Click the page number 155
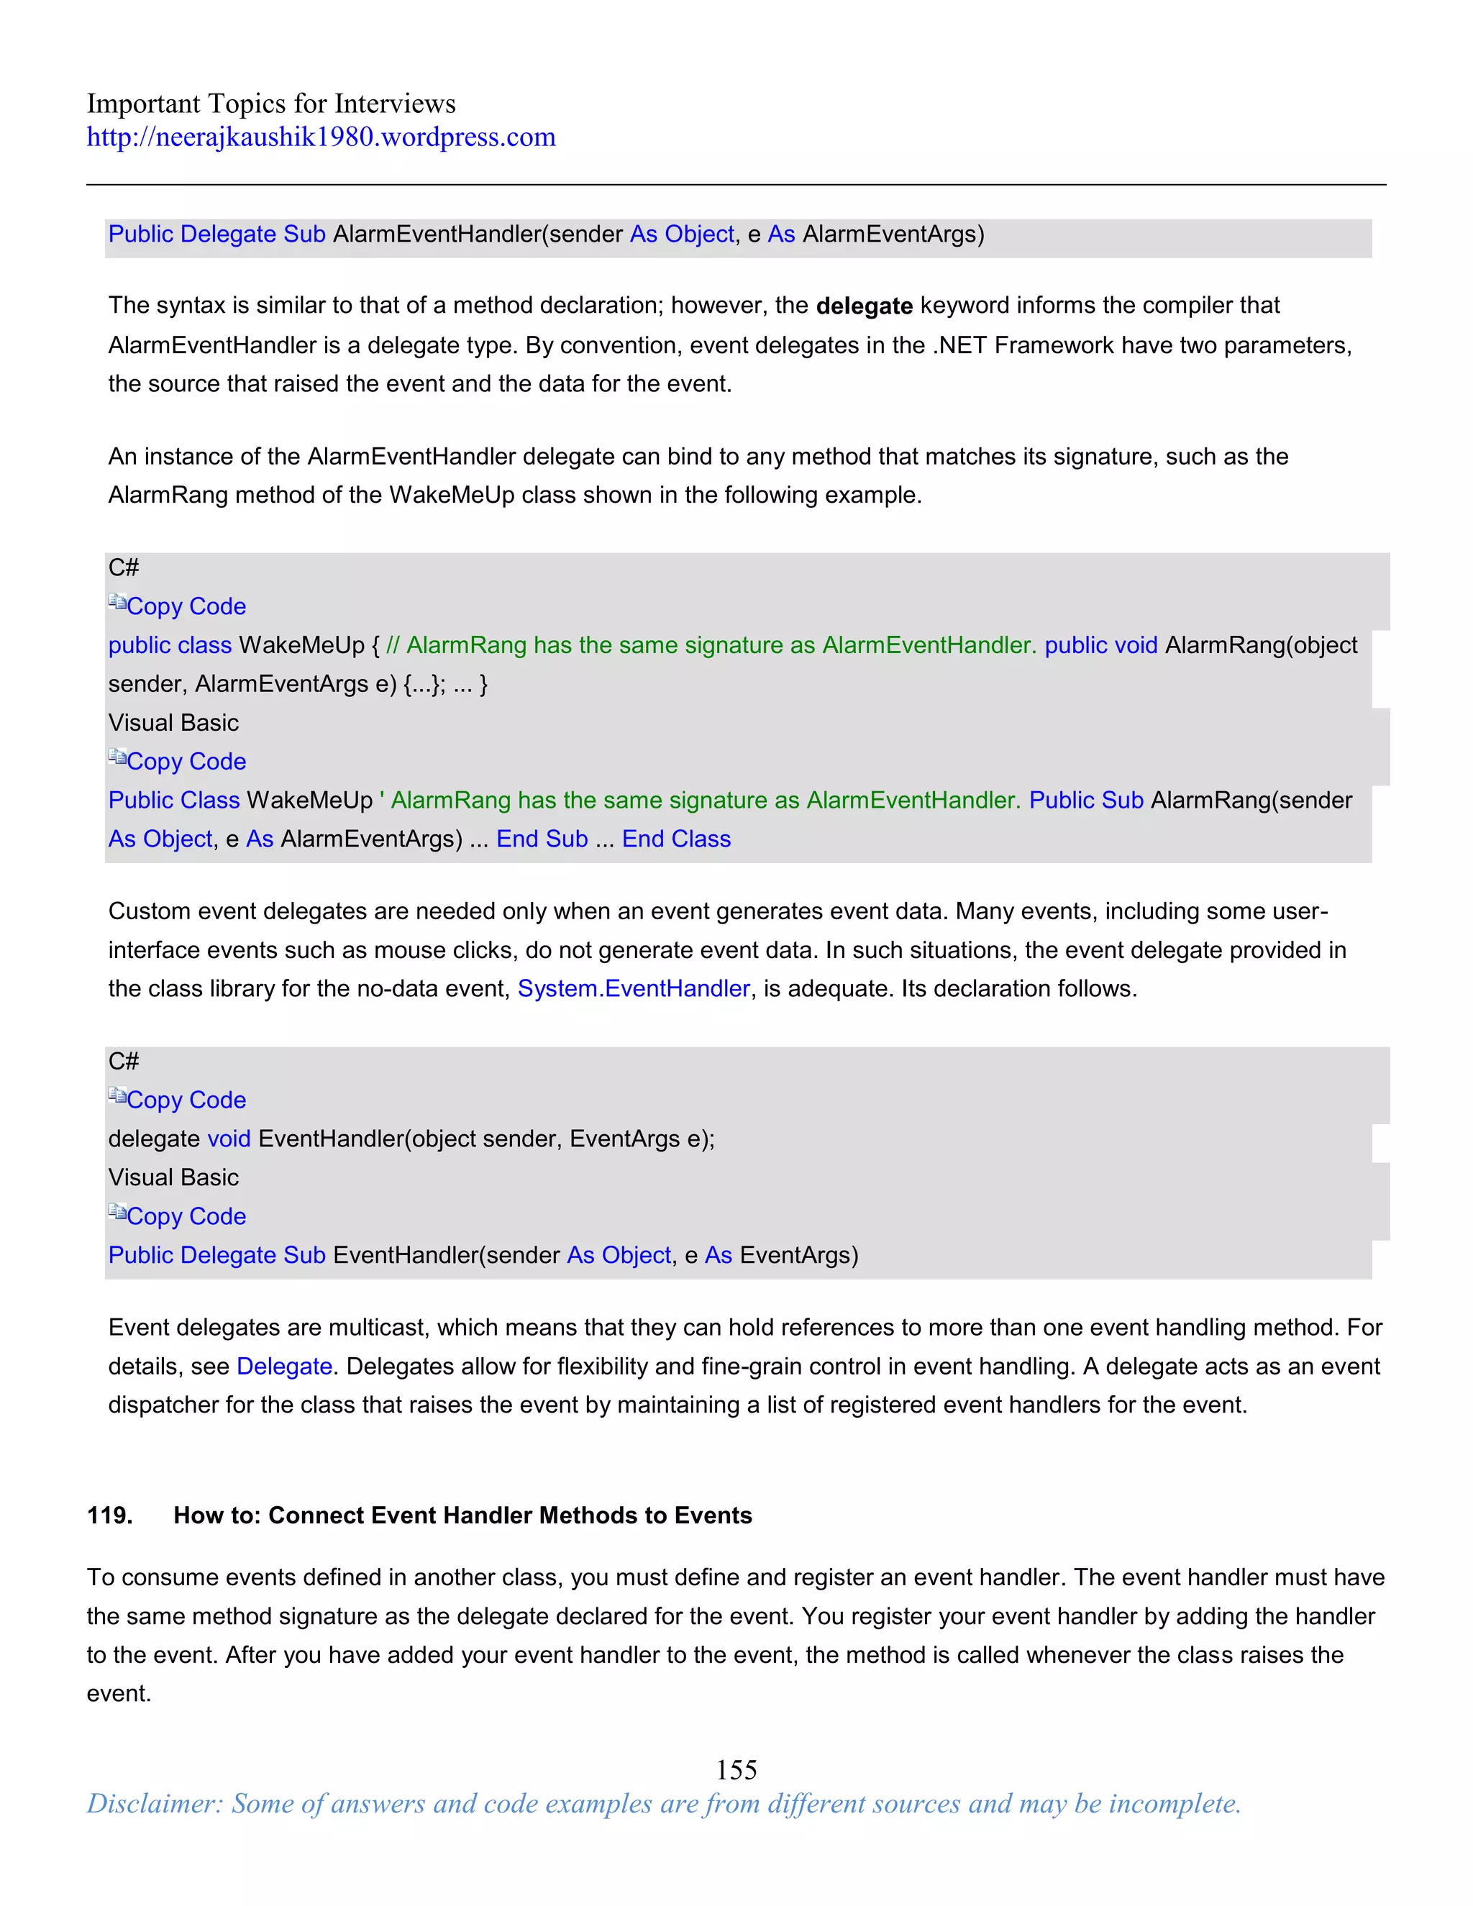click(x=736, y=1769)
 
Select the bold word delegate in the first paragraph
click(x=864, y=306)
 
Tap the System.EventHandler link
click(x=634, y=989)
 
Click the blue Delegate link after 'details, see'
click(x=285, y=1367)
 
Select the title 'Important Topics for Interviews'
click(x=270, y=104)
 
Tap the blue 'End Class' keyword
click(x=676, y=839)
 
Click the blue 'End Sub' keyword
click(x=542, y=839)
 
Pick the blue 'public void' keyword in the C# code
click(x=1100, y=646)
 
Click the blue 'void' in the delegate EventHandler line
click(x=229, y=1139)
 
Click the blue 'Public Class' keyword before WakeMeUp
click(x=173, y=801)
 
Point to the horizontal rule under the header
click(x=736, y=185)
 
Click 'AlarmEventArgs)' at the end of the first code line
click(x=893, y=234)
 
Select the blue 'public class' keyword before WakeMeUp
click(x=169, y=646)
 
